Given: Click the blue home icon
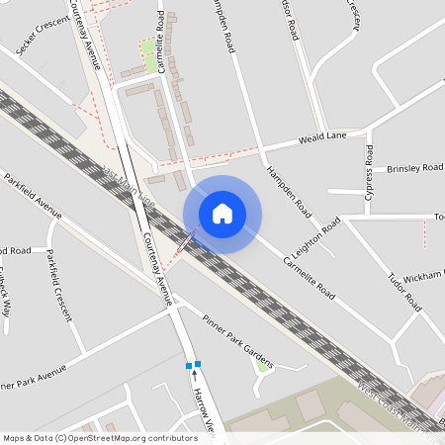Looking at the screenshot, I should (x=222, y=214).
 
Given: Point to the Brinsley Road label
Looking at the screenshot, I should (x=414, y=168).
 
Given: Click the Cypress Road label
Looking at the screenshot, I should (x=369, y=174).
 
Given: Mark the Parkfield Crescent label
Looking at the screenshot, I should (x=58, y=285).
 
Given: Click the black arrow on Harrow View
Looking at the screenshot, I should (x=195, y=376).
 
